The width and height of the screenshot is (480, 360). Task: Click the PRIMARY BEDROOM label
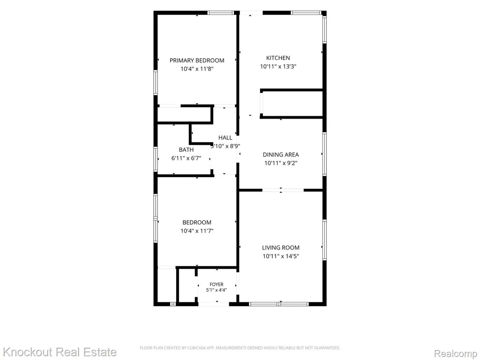tap(197, 60)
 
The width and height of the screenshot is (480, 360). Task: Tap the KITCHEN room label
tap(278, 58)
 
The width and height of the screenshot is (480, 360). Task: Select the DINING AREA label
tap(281, 155)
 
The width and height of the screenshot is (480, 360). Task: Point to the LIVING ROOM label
tap(281, 247)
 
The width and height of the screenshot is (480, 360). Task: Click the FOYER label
tap(217, 285)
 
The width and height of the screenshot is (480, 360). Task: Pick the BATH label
tap(186, 150)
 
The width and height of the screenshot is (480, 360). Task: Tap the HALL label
tap(225, 137)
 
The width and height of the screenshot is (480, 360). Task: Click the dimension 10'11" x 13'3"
tap(278, 67)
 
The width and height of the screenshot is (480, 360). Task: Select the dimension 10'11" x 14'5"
tap(281, 256)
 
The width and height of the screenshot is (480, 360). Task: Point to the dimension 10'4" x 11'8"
tap(197, 69)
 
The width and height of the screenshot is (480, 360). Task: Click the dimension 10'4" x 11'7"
tap(197, 231)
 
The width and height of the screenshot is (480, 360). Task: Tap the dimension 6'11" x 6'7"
tap(186, 158)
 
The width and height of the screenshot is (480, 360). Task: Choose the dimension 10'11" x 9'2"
tap(281, 163)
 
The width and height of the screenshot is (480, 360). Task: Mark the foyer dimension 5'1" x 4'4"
tap(217, 290)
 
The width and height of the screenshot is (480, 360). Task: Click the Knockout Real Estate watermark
tap(60, 352)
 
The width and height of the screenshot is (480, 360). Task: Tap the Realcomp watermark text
tap(456, 353)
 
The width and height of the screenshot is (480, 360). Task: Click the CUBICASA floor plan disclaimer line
tap(240, 348)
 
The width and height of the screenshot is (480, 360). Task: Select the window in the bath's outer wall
tap(156, 159)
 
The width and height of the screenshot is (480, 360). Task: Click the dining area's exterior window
tap(324, 154)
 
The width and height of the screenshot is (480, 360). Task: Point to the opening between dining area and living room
tap(283, 190)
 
